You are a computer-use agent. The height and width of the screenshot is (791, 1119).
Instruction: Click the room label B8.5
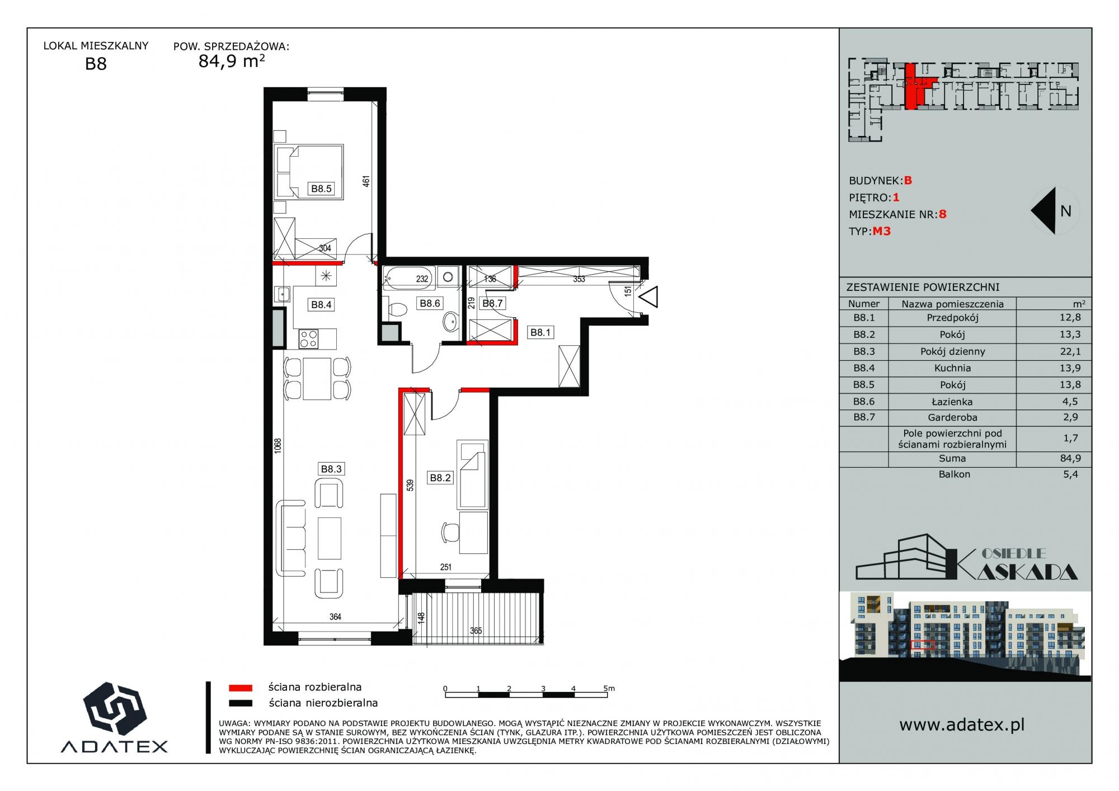click(322, 189)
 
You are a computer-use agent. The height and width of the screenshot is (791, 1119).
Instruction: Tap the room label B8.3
click(331, 469)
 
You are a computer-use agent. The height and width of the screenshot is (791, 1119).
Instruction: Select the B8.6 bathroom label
click(430, 303)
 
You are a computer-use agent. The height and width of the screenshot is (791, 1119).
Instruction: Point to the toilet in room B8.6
click(397, 309)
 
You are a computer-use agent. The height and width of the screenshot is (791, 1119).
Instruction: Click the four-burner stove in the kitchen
click(309, 338)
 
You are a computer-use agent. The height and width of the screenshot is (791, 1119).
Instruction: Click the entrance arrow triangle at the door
click(649, 296)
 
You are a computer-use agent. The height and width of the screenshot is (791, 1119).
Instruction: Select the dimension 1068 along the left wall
click(278, 446)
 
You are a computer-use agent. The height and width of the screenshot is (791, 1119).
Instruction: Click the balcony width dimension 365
click(476, 630)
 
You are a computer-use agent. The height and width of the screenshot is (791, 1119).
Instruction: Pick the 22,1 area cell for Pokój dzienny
click(1070, 351)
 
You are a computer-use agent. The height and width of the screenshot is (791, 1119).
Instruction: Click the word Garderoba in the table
click(952, 417)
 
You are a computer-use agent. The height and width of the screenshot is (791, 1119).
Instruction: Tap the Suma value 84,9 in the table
click(1070, 458)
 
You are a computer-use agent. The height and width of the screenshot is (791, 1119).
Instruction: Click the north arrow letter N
click(1066, 211)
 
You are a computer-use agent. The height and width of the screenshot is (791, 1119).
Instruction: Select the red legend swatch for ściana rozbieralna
click(241, 688)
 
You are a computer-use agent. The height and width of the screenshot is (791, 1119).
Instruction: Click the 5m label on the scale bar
click(609, 689)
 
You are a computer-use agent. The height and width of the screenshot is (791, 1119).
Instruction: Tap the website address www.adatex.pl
click(962, 725)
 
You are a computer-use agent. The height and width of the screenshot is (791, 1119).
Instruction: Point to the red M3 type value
click(881, 231)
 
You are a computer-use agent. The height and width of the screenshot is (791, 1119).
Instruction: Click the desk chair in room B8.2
click(450, 532)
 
